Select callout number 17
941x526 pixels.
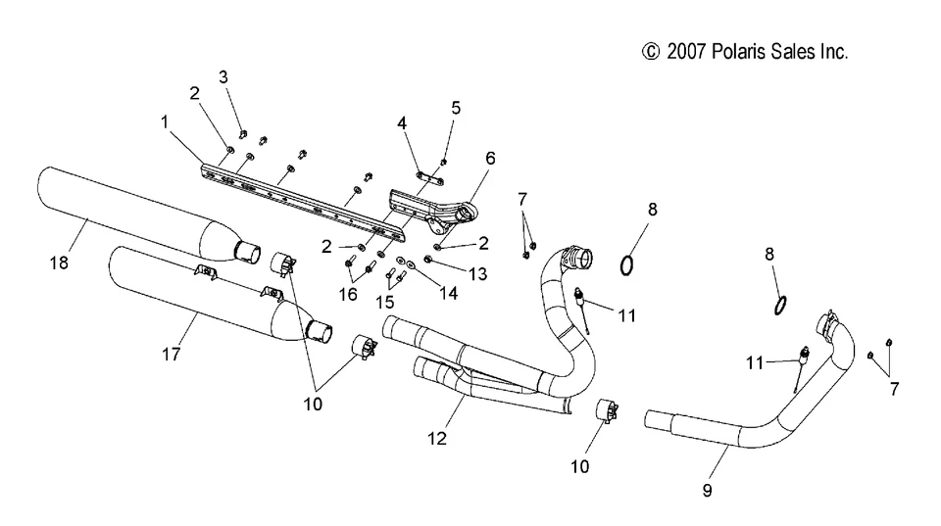pyautogui.click(x=171, y=355)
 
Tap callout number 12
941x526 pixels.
pyautogui.click(x=437, y=438)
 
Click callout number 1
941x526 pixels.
pyautogui.click(x=166, y=122)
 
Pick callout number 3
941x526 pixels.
pyautogui.click(x=223, y=76)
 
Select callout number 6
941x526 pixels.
pyautogui.click(x=490, y=157)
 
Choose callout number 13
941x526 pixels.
pyautogui.click(x=477, y=275)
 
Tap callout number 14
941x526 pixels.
pyautogui.click(x=447, y=292)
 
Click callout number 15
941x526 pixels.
pyautogui.click(x=385, y=302)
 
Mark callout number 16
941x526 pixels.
pyautogui.click(x=349, y=292)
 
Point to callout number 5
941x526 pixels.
pyautogui.click(x=456, y=108)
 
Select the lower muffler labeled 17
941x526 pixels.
pyautogui.click(x=196, y=304)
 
